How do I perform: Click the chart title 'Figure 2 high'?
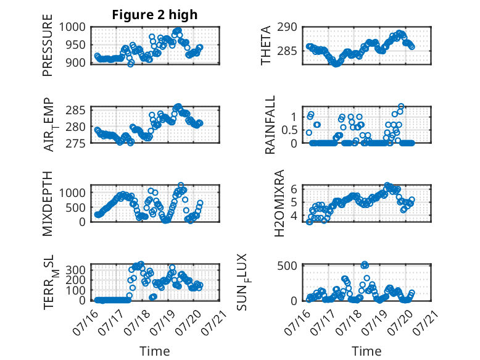pos(155,15)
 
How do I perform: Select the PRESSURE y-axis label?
pos(48,45)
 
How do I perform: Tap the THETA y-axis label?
pos(266,45)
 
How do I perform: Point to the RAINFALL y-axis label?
pos(270,124)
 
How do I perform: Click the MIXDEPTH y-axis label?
pos(48,203)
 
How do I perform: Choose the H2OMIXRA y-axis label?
pos(279,203)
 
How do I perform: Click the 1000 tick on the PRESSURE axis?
pos(73,27)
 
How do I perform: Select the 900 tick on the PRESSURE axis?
pos(76,62)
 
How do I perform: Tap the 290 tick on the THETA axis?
pos(288,27)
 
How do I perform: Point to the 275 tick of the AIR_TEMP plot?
pos(76,143)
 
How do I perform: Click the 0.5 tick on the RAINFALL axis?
pos(289,130)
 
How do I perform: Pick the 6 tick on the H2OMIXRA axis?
pos(294,189)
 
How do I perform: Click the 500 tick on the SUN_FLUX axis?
pos(288,266)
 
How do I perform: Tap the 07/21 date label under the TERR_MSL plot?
pos(214,322)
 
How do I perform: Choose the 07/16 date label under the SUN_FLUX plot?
pos(297,322)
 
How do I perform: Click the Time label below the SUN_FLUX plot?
pos(366,351)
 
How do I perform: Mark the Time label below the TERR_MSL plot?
pos(155,351)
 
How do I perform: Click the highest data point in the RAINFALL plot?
pos(401,106)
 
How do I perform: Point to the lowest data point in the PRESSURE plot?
pos(131,64)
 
